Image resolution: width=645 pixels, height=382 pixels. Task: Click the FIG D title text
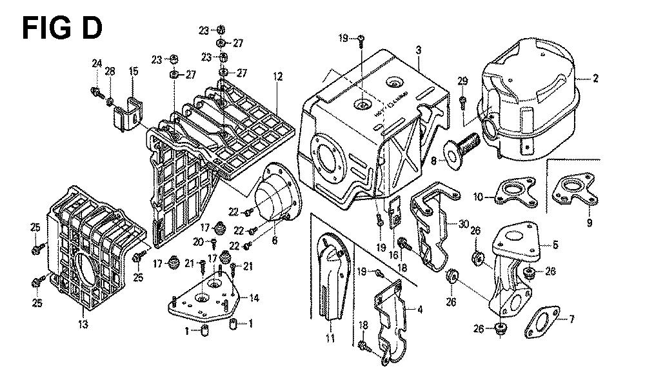tap(61, 28)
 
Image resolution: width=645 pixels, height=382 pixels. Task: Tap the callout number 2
tap(595, 79)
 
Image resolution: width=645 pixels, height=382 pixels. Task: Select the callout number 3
tap(419, 50)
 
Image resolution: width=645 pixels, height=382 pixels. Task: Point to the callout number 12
tap(277, 77)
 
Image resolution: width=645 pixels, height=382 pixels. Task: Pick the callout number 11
tap(330, 338)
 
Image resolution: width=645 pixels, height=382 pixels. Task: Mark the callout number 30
tap(463, 225)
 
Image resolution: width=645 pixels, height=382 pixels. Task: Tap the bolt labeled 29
tap(464, 101)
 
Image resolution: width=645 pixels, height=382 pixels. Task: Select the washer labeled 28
tap(110, 101)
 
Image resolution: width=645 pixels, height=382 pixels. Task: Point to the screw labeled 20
tap(214, 243)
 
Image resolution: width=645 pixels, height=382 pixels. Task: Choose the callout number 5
tap(556, 245)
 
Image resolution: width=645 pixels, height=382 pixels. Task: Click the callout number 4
tap(420, 310)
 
